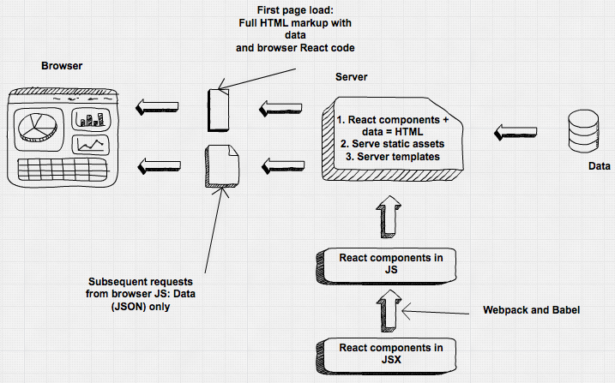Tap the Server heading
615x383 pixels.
pos(351,76)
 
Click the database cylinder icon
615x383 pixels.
pos(581,132)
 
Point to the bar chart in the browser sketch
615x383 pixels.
pos(88,118)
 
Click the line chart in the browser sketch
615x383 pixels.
pos(89,144)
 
